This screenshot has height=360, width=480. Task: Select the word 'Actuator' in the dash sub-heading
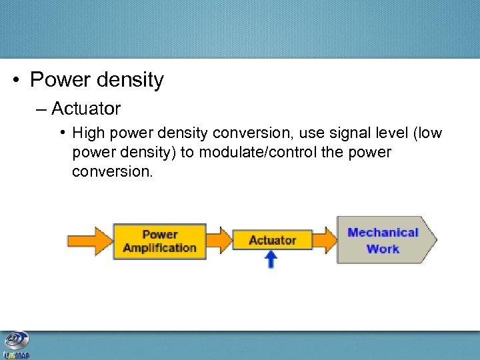pyautogui.click(x=86, y=107)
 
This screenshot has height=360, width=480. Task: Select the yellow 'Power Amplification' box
pyautogui.click(x=159, y=241)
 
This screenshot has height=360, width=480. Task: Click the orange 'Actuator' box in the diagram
pyautogui.click(x=272, y=239)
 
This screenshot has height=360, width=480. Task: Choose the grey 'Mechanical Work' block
pyautogui.click(x=383, y=240)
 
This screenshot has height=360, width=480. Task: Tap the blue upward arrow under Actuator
pyautogui.click(x=271, y=259)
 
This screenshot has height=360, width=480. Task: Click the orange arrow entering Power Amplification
pyautogui.click(x=89, y=240)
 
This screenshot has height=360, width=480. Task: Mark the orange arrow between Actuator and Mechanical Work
pyautogui.click(x=325, y=239)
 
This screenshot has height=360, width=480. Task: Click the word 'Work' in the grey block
pyautogui.click(x=383, y=249)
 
